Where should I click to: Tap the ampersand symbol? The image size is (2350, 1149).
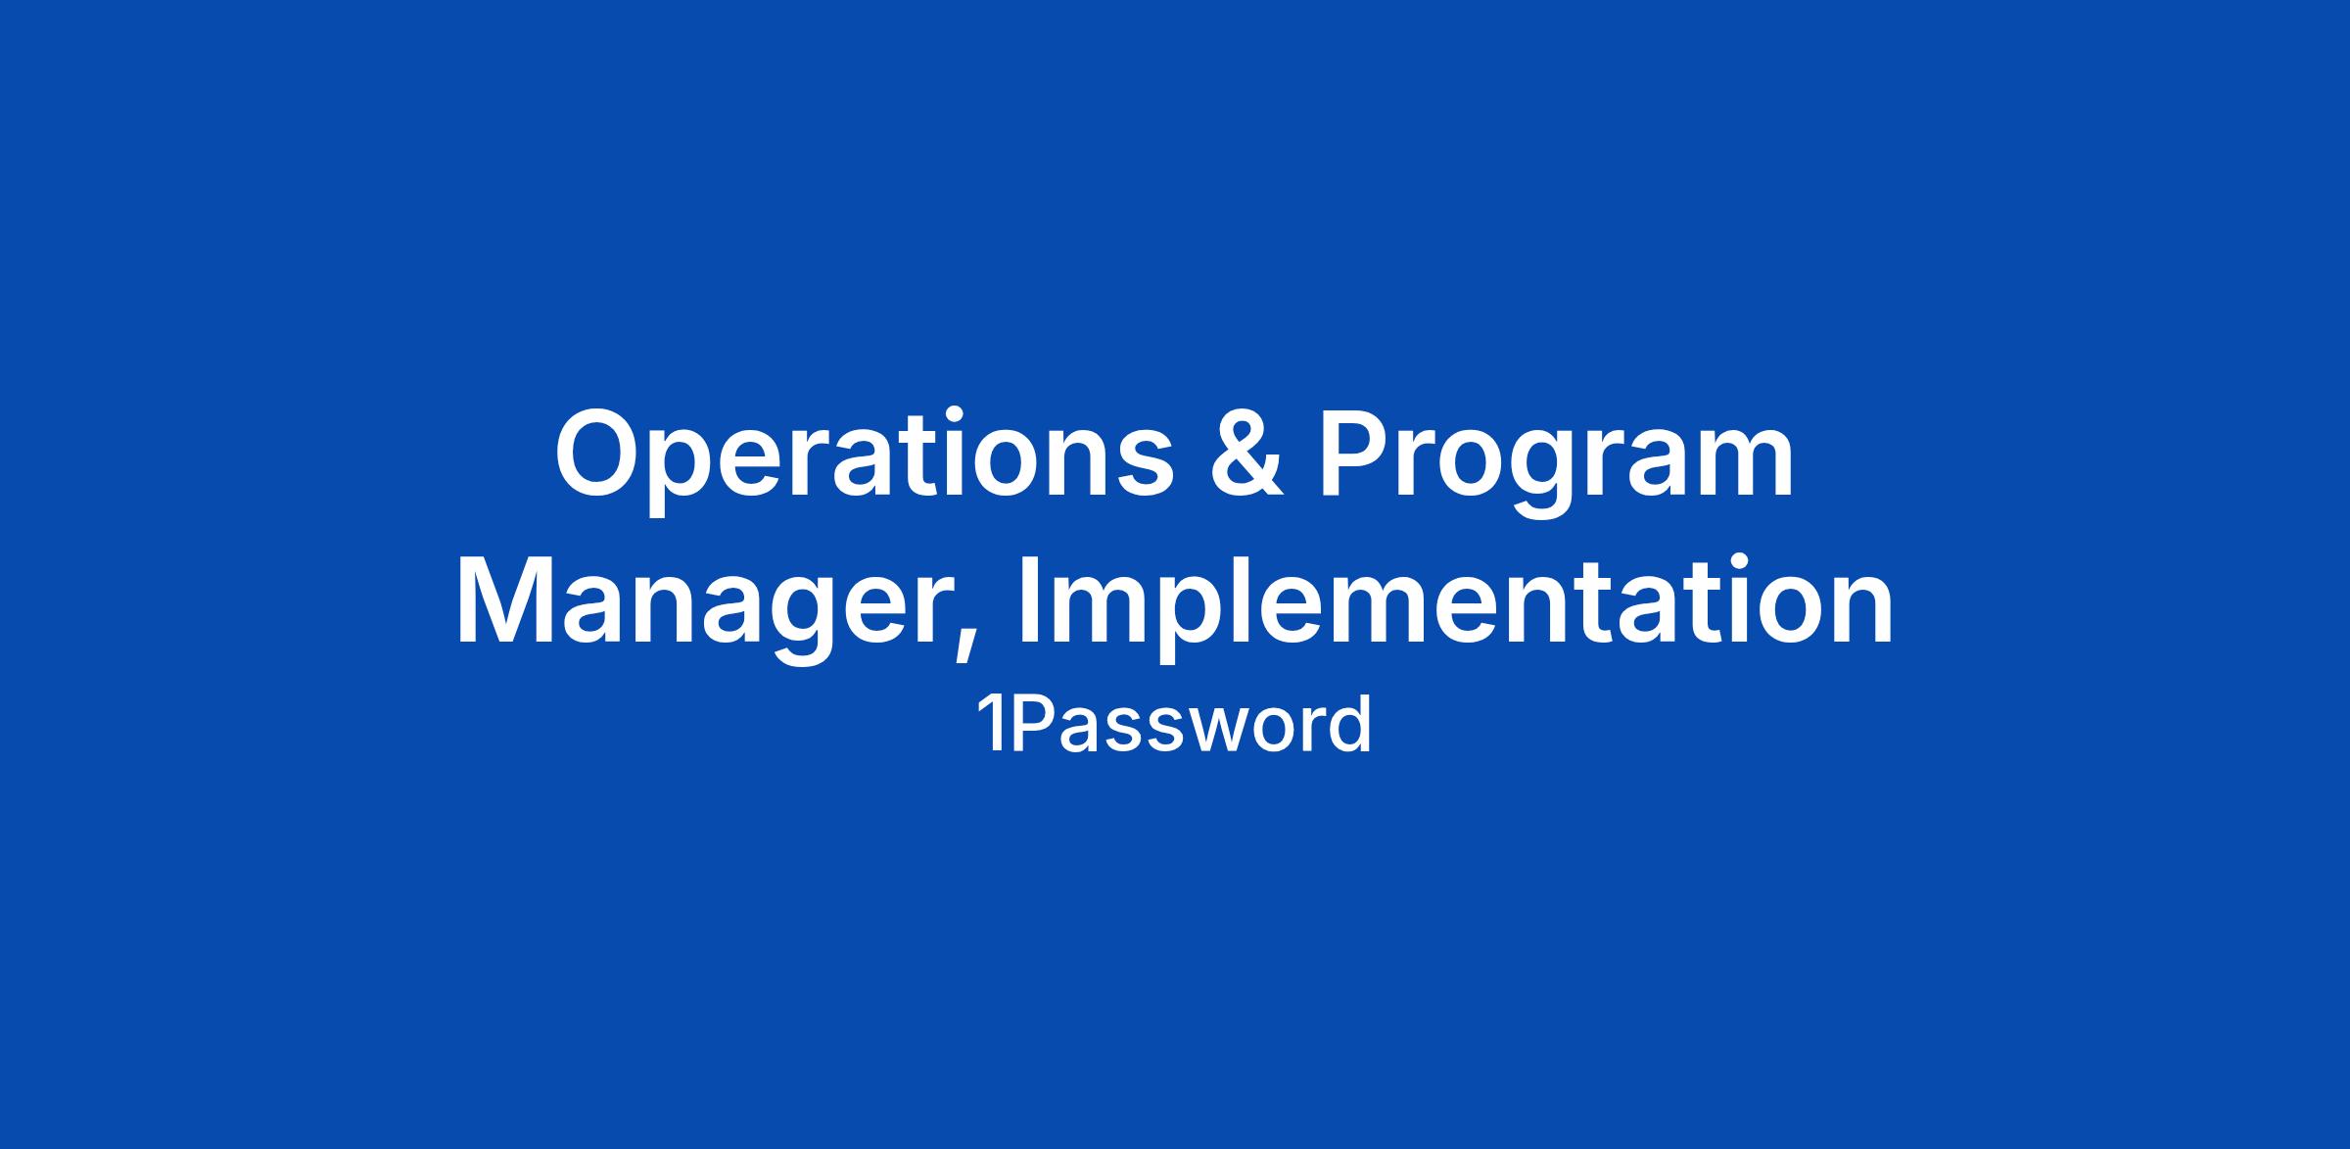click(x=1246, y=453)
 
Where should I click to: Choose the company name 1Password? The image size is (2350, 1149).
click(x=1174, y=726)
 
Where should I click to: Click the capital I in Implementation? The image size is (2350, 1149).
click(x=1029, y=603)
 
